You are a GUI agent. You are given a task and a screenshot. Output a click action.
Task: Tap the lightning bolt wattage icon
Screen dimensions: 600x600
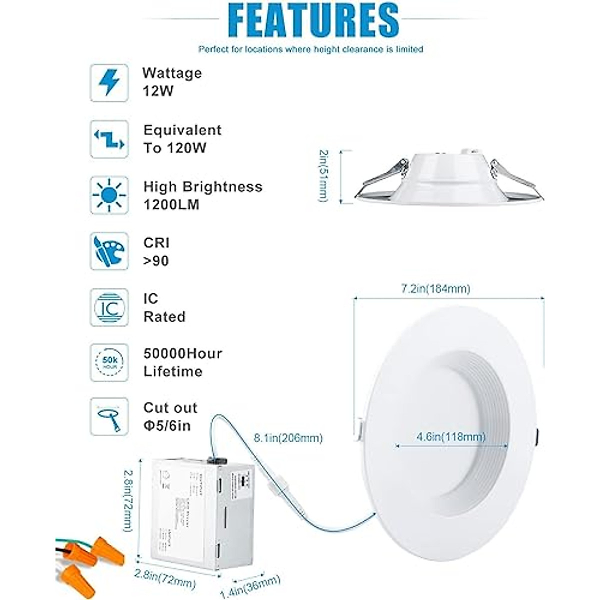(x=109, y=83)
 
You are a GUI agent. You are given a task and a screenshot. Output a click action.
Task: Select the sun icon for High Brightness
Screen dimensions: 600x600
(x=109, y=195)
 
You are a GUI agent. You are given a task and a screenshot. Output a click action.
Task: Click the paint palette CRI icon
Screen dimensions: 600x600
(x=109, y=251)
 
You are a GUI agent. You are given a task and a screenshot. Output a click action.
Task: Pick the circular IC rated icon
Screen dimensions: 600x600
(x=109, y=307)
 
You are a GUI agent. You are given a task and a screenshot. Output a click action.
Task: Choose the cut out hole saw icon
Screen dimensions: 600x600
(x=109, y=416)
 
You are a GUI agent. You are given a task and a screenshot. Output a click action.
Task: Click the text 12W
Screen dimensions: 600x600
(x=158, y=91)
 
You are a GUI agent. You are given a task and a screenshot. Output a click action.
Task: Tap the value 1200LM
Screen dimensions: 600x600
(x=171, y=205)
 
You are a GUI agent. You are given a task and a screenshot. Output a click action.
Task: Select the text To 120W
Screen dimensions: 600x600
(x=174, y=148)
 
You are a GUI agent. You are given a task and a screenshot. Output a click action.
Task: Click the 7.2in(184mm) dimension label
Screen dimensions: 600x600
(x=435, y=289)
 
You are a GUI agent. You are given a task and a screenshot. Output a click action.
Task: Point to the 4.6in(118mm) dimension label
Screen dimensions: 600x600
(x=451, y=437)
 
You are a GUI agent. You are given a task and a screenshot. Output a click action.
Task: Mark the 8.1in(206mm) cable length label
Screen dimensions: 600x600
(x=288, y=438)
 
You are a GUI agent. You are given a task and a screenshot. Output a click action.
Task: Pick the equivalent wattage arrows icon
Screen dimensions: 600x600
(x=109, y=139)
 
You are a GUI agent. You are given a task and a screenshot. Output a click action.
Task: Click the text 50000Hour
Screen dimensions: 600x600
(x=182, y=353)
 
